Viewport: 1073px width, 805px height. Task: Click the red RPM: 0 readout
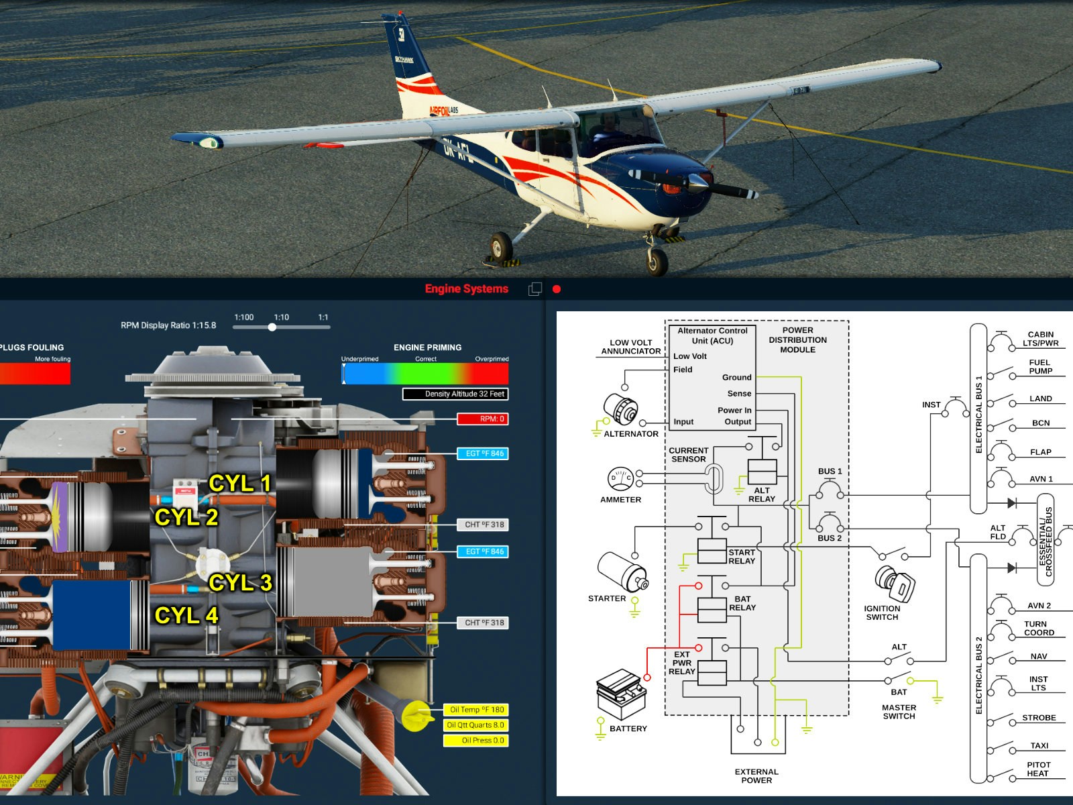(x=483, y=419)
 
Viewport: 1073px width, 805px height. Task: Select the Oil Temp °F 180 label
(x=476, y=710)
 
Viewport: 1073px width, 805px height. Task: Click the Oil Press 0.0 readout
(x=476, y=741)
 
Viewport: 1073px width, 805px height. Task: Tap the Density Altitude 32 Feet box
(x=456, y=394)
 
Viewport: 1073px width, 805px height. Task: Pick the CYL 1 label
(x=239, y=483)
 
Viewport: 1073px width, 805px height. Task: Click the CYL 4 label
(x=186, y=615)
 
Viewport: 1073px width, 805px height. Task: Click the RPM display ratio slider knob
(x=272, y=327)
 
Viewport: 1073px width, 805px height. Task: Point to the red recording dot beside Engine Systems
(x=556, y=289)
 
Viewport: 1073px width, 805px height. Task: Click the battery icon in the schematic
(x=622, y=694)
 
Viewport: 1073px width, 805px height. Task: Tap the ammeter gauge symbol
(x=620, y=479)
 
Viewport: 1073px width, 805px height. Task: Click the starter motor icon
(x=622, y=572)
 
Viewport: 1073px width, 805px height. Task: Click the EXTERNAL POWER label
(x=756, y=776)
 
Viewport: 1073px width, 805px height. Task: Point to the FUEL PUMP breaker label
(x=1040, y=366)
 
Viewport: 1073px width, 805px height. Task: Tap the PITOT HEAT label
(x=1038, y=769)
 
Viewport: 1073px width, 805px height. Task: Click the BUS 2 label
(x=830, y=538)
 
